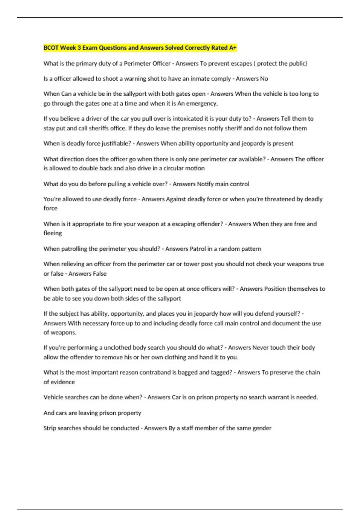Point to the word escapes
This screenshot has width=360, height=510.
[x=241, y=64]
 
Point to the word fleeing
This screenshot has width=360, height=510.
[x=53, y=233]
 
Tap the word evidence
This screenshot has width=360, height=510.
[x=63, y=382]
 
